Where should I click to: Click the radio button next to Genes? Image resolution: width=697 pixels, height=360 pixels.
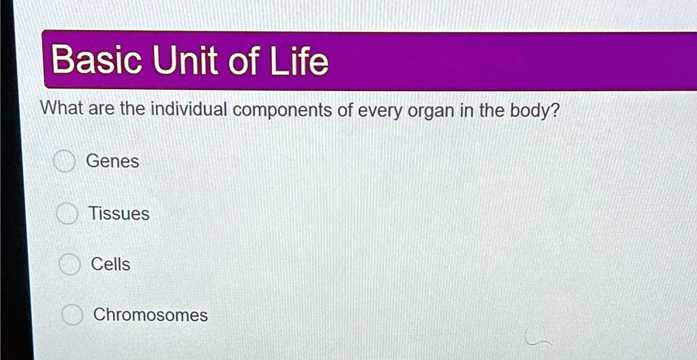[x=65, y=162]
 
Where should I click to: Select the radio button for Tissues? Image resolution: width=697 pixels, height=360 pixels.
[x=67, y=214]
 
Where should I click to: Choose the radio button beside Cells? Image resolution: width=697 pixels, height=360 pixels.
[x=69, y=265]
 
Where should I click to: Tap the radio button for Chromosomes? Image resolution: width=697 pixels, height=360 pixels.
[x=71, y=315]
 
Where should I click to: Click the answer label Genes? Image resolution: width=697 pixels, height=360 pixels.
[x=112, y=162]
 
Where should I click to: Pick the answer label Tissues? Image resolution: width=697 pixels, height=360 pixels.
[x=118, y=214]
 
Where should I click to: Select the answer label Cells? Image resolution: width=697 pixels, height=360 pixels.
[x=110, y=264]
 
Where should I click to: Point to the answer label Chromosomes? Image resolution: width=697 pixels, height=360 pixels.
[x=150, y=315]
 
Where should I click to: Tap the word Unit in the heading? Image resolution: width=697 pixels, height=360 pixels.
[x=186, y=61]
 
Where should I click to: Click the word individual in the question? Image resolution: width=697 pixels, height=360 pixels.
[x=188, y=110]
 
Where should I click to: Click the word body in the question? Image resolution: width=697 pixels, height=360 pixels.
[x=533, y=111]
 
